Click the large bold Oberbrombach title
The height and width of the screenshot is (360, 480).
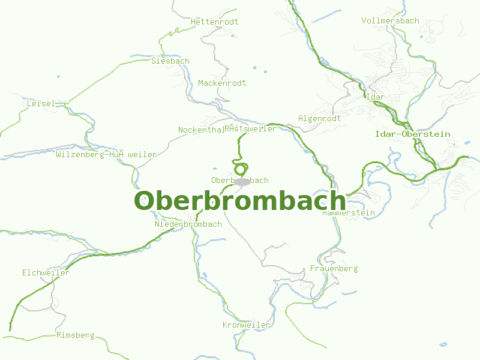(x=239, y=200)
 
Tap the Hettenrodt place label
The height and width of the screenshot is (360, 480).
(x=214, y=22)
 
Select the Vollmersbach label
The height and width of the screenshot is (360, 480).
(x=390, y=20)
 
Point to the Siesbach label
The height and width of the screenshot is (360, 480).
(x=170, y=61)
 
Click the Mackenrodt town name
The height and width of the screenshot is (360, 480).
(x=222, y=83)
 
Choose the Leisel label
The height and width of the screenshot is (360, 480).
(x=41, y=103)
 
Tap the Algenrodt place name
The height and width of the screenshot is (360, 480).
(x=319, y=118)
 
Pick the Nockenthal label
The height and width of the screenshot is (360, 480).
(x=200, y=130)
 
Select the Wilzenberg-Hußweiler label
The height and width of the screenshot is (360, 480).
(x=106, y=154)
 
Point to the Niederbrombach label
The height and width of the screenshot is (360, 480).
(x=188, y=224)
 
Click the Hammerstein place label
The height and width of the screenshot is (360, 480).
(x=349, y=212)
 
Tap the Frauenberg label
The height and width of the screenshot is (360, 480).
(x=334, y=268)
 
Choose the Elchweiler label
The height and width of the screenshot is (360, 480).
(x=46, y=272)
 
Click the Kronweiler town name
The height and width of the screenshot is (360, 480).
(x=246, y=325)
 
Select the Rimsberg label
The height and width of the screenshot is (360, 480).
(x=76, y=335)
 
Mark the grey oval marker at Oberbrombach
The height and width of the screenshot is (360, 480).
(x=242, y=181)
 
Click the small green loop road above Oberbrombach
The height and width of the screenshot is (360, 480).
(x=241, y=169)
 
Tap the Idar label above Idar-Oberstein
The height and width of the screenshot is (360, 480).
(x=375, y=97)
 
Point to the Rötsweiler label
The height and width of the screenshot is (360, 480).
(x=251, y=128)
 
